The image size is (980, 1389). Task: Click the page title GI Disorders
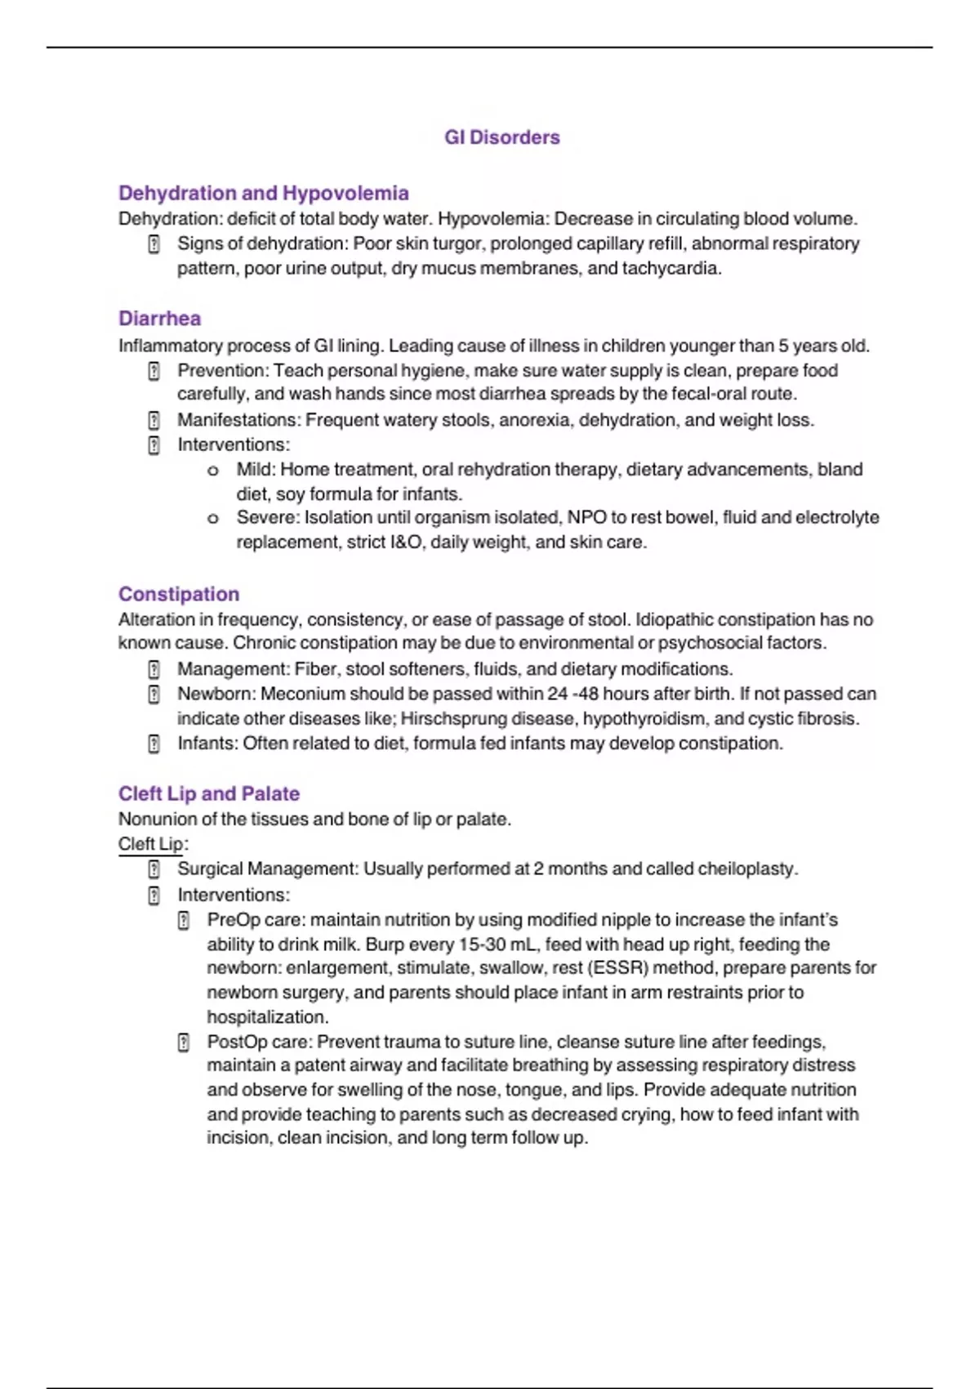point(501,137)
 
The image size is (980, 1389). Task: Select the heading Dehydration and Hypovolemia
point(263,193)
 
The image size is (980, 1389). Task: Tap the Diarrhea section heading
point(159,318)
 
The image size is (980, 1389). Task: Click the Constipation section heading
point(179,594)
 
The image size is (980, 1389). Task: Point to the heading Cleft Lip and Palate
point(208,793)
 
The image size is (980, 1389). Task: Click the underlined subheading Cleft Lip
point(151,843)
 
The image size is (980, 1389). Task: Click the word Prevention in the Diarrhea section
point(222,370)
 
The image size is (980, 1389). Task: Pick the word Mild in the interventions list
point(255,469)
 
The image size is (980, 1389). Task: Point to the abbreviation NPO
point(586,517)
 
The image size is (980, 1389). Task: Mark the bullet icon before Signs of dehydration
point(154,244)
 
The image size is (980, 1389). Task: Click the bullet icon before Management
point(154,669)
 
